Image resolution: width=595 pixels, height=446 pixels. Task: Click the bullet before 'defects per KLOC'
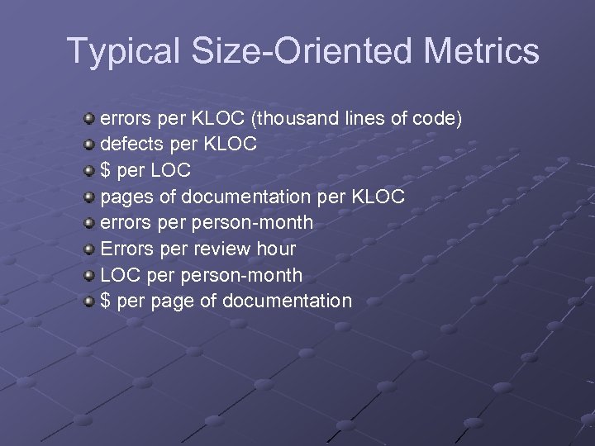coord(89,145)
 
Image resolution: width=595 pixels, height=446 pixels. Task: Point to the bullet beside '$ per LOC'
coord(89,171)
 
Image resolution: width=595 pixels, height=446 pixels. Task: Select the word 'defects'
coord(129,145)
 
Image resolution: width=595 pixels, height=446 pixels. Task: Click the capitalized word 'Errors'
coord(126,249)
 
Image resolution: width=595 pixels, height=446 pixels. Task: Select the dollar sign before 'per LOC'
coord(106,171)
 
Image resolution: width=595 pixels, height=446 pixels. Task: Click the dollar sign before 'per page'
coord(106,301)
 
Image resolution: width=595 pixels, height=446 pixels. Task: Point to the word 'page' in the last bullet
coord(172,301)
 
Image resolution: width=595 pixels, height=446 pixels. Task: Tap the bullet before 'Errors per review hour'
coord(89,249)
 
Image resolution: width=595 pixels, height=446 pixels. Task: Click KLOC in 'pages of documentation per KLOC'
coord(378,197)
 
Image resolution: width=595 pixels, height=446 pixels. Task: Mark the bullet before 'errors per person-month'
coord(89,223)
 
